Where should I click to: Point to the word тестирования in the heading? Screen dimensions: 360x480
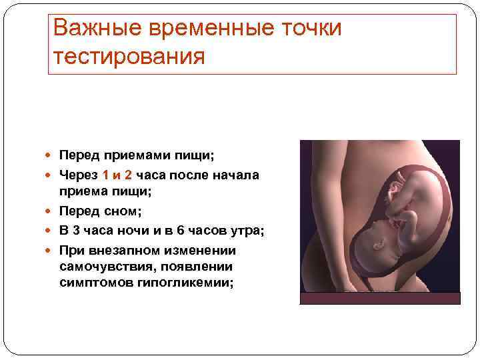coord(129,57)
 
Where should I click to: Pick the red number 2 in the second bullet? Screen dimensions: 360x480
coord(127,175)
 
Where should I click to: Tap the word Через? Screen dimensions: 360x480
coord(79,175)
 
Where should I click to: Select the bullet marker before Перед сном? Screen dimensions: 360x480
coord(51,212)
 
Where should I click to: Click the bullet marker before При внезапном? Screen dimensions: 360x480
coord(51,250)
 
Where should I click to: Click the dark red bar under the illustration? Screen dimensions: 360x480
coord(379,298)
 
